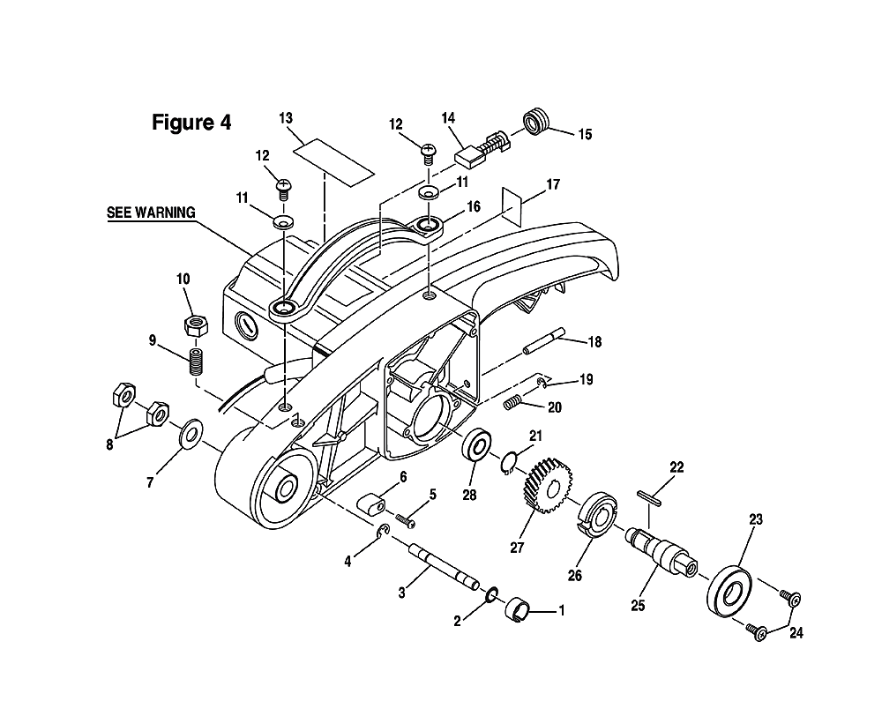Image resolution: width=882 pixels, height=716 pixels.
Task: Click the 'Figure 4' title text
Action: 191,123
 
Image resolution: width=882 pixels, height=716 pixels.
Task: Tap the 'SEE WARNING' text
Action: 152,213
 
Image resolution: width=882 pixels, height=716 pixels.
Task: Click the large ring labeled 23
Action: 729,591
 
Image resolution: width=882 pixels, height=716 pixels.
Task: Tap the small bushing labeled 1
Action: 519,611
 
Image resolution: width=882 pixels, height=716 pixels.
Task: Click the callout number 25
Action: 638,605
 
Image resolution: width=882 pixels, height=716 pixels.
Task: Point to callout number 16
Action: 474,206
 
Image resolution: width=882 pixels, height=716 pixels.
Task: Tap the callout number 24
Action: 796,633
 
